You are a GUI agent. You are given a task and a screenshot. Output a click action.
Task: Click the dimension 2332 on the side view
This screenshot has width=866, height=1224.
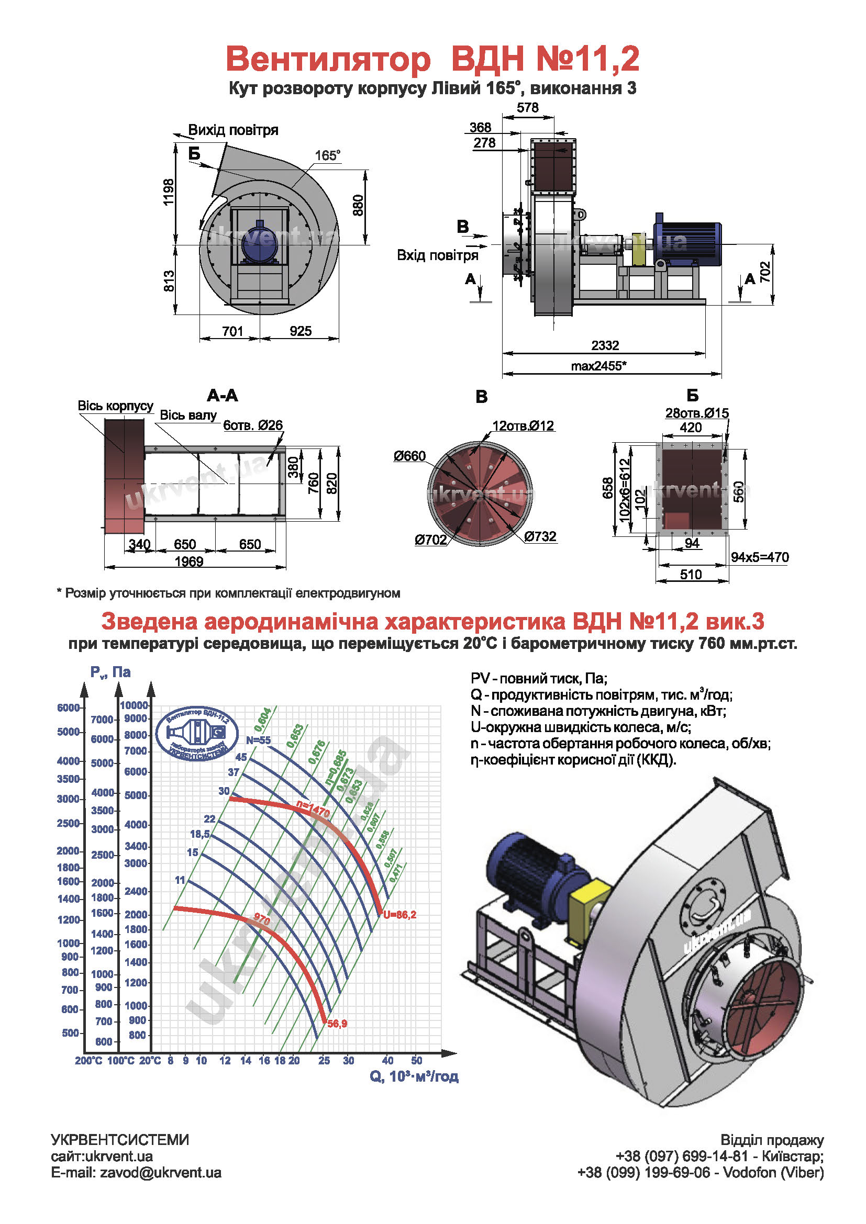click(x=605, y=345)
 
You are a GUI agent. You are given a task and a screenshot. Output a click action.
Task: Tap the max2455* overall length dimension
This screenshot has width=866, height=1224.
click(x=598, y=366)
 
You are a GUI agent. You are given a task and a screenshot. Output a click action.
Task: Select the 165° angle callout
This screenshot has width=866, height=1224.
click(x=327, y=155)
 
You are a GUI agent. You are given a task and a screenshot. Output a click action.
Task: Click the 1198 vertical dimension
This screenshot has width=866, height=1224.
click(x=169, y=192)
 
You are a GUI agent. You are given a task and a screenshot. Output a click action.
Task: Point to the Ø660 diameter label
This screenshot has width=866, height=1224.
click(x=409, y=456)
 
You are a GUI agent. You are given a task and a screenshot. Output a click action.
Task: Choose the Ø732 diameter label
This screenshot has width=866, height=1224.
click(x=540, y=536)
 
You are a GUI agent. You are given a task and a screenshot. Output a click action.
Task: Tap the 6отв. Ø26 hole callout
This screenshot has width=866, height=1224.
click(x=253, y=425)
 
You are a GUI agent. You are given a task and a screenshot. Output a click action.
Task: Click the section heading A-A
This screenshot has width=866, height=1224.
click(x=223, y=396)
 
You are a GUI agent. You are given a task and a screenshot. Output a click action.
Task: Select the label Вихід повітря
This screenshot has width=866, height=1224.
click(x=233, y=130)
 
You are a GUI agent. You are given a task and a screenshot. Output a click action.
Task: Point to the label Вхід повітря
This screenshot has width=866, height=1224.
click(x=437, y=255)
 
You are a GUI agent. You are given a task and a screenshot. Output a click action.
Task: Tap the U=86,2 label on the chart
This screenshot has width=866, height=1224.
click(x=399, y=915)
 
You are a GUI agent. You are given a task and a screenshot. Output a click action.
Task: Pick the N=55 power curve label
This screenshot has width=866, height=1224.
click(x=258, y=740)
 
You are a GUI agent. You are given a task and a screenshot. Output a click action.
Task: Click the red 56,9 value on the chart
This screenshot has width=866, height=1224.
click(x=337, y=1024)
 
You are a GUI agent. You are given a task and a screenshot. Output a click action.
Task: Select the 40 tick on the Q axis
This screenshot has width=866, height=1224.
click(x=387, y=1060)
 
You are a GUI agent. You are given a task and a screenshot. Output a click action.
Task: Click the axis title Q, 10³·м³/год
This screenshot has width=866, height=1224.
click(x=414, y=1077)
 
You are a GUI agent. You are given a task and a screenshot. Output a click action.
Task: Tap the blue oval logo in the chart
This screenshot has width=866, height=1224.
click(x=198, y=734)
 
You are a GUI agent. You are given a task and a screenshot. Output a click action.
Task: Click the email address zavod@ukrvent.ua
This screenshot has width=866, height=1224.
click(x=161, y=1173)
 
